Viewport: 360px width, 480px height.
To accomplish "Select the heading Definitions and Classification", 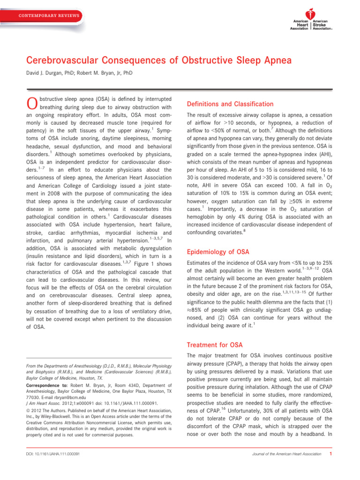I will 230,104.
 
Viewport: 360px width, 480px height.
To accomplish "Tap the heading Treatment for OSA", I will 215,345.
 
